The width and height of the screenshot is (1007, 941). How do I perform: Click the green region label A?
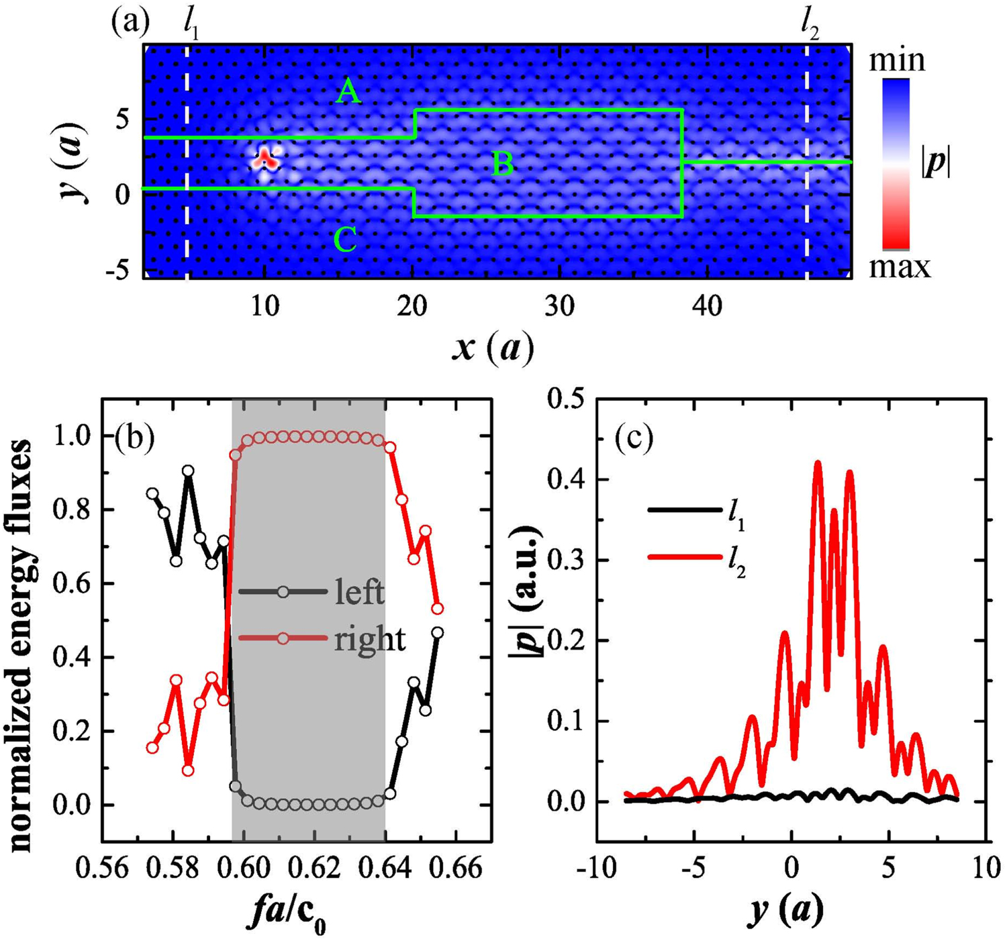click(x=348, y=91)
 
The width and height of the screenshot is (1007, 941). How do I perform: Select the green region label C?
click(x=345, y=240)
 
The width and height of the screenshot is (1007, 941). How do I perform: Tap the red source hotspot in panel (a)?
click(x=266, y=160)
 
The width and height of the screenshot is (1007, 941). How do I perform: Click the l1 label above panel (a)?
click(x=191, y=26)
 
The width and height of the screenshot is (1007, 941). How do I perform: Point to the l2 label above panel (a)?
click(x=810, y=26)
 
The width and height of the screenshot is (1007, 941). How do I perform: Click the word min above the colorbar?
click(x=897, y=60)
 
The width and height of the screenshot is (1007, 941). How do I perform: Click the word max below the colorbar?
click(x=900, y=267)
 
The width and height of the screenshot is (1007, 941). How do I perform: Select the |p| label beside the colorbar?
click(x=936, y=163)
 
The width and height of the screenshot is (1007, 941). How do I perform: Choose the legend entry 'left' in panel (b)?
click(x=359, y=593)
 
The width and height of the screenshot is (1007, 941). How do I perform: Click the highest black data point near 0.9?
click(x=188, y=471)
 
